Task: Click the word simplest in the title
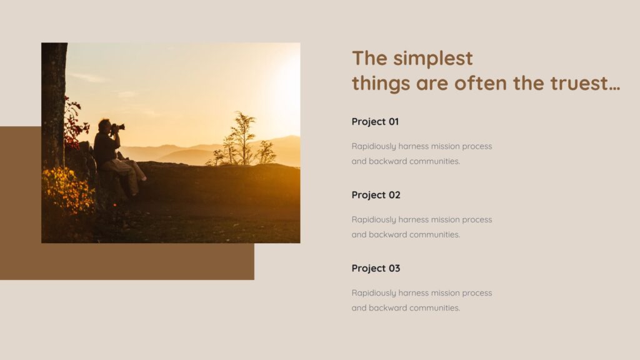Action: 432,59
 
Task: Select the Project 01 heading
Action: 375,122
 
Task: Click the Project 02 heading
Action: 376,195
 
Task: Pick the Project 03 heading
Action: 376,268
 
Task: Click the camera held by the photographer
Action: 118,127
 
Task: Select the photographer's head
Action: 104,126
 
